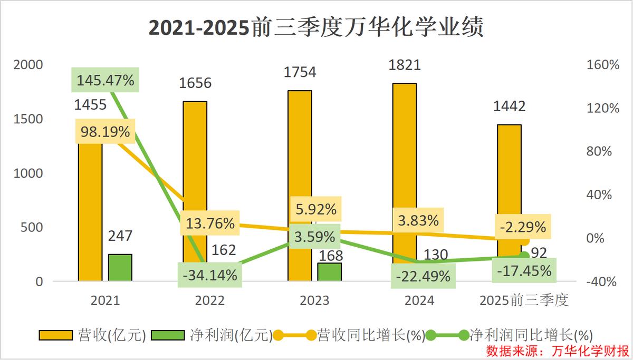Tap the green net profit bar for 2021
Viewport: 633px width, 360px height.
pyautogui.click(x=120, y=267)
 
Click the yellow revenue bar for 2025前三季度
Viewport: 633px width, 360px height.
pyautogui.click(x=509, y=174)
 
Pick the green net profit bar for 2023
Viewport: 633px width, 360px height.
pyautogui.click(x=330, y=271)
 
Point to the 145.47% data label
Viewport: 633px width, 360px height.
pyautogui.click(x=105, y=81)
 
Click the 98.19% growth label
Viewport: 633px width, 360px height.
pyautogui.click(x=105, y=132)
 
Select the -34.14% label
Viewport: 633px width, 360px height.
pyautogui.click(x=210, y=275)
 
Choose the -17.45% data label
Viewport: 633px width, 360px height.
pyautogui.click(x=524, y=271)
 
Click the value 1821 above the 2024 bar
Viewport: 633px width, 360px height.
pyautogui.click(x=404, y=65)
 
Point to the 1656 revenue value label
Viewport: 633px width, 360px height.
pyautogui.click(x=195, y=83)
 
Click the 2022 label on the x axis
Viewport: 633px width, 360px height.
pyautogui.click(x=210, y=300)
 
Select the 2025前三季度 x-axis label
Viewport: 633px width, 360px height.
pyautogui.click(x=524, y=300)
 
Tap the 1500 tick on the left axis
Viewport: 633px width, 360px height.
pyautogui.click(x=28, y=119)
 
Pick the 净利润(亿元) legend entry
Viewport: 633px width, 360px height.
pyautogui.click(x=211, y=335)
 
